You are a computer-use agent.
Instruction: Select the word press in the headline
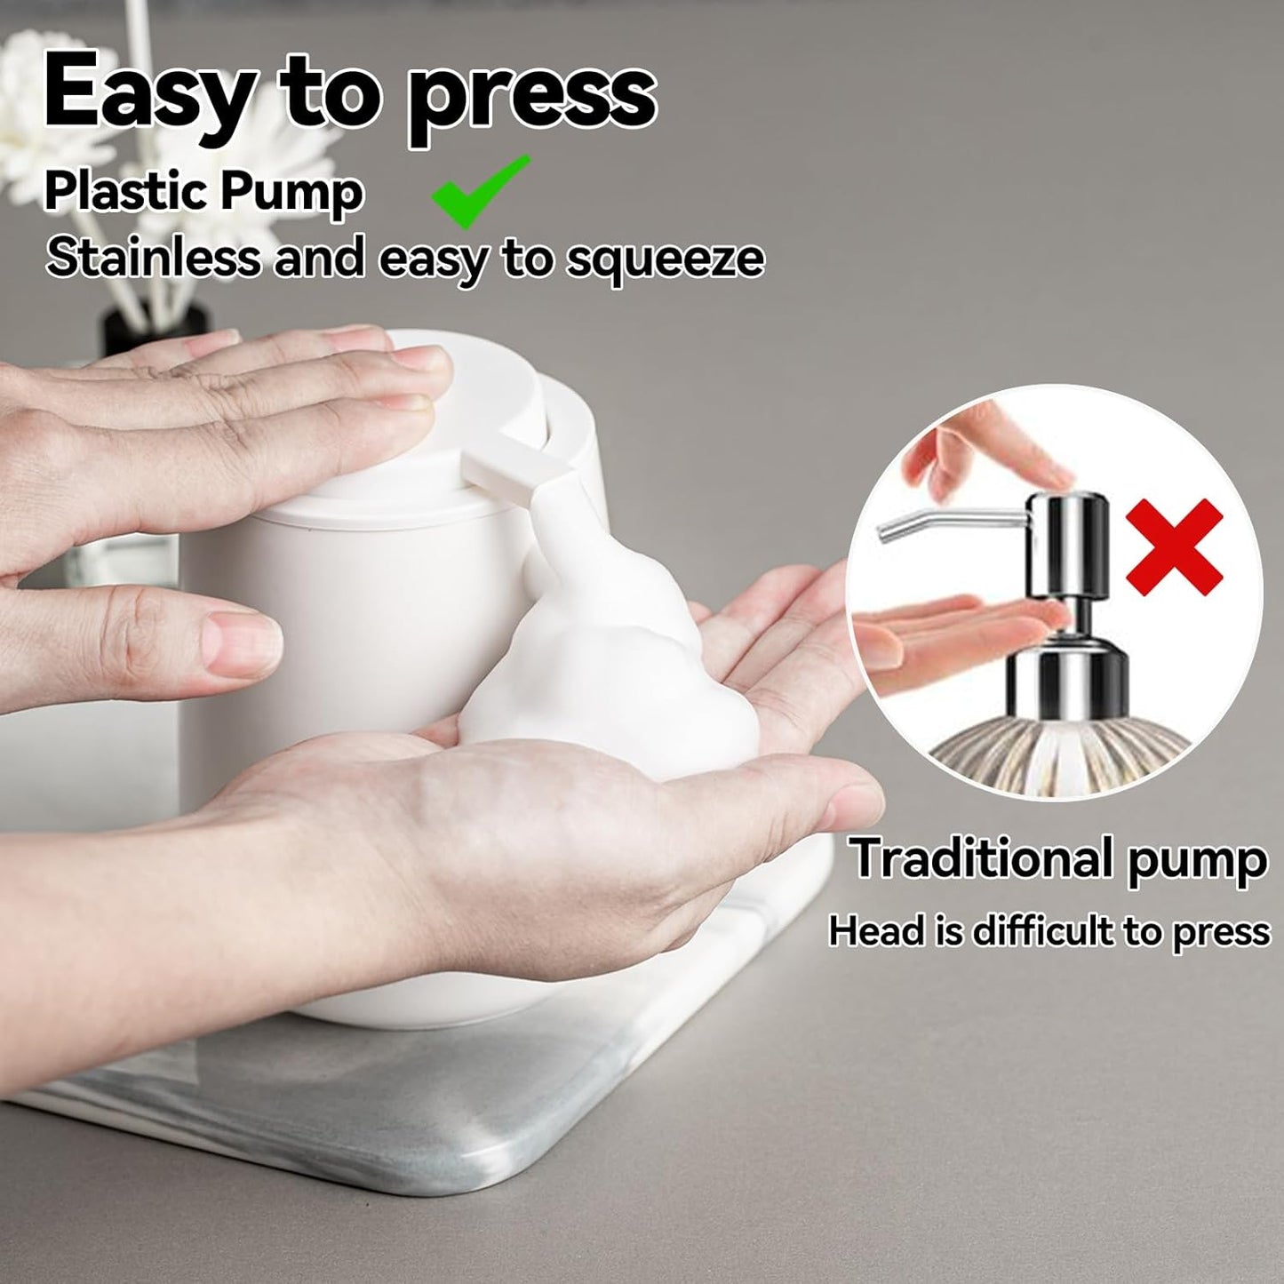tap(530, 100)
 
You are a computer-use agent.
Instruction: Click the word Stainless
tap(153, 258)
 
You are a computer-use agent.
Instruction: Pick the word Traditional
tap(978, 858)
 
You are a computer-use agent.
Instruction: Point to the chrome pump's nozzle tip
tap(885, 532)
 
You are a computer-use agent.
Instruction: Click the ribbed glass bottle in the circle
tap(1057, 746)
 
